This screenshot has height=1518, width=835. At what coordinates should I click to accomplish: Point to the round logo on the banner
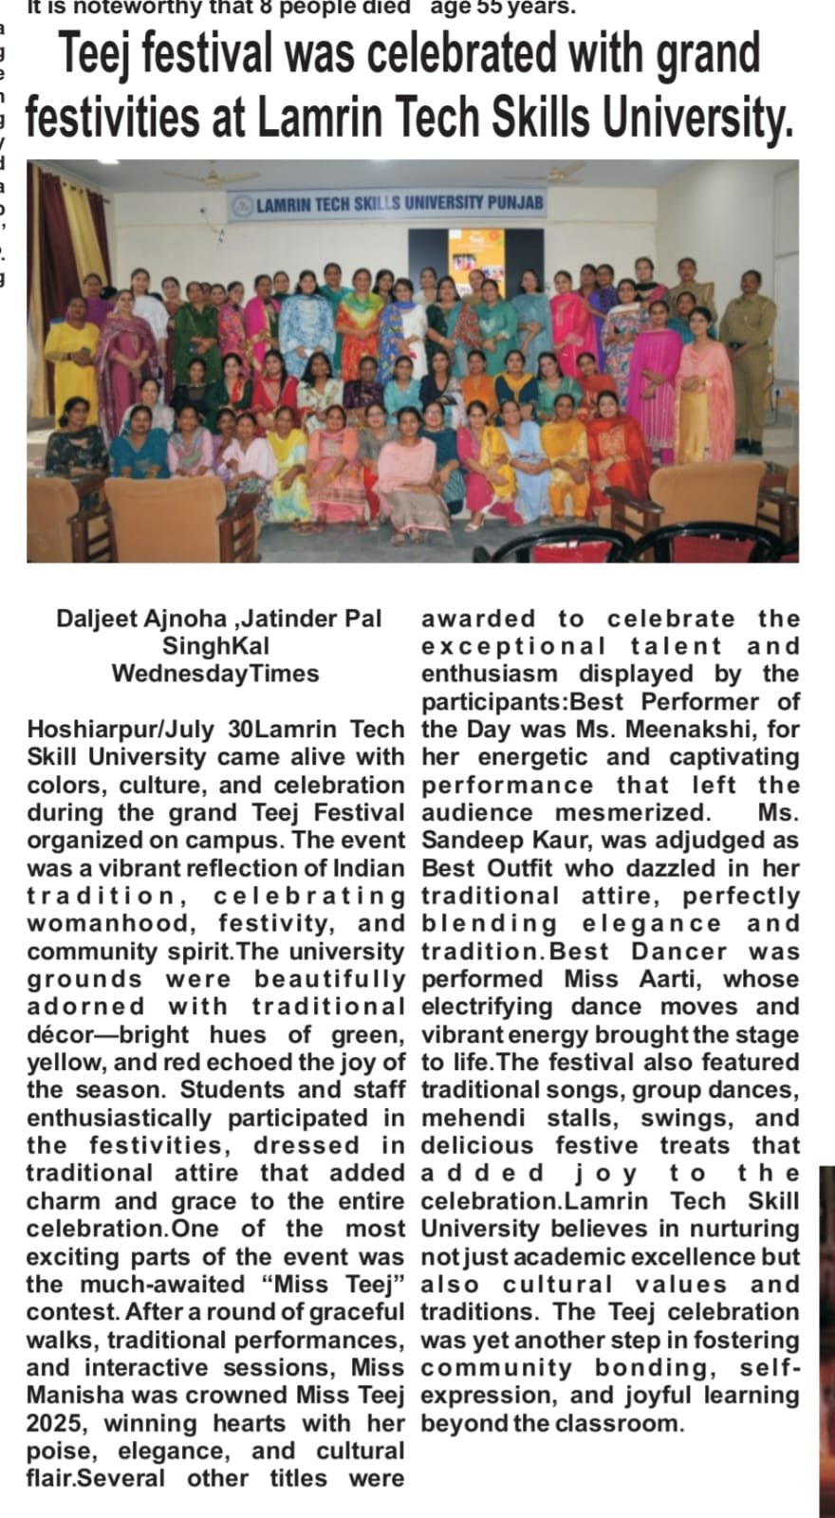click(244, 204)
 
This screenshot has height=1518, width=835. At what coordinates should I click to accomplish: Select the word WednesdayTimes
click(215, 674)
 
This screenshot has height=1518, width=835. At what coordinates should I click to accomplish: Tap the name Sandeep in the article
click(467, 841)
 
